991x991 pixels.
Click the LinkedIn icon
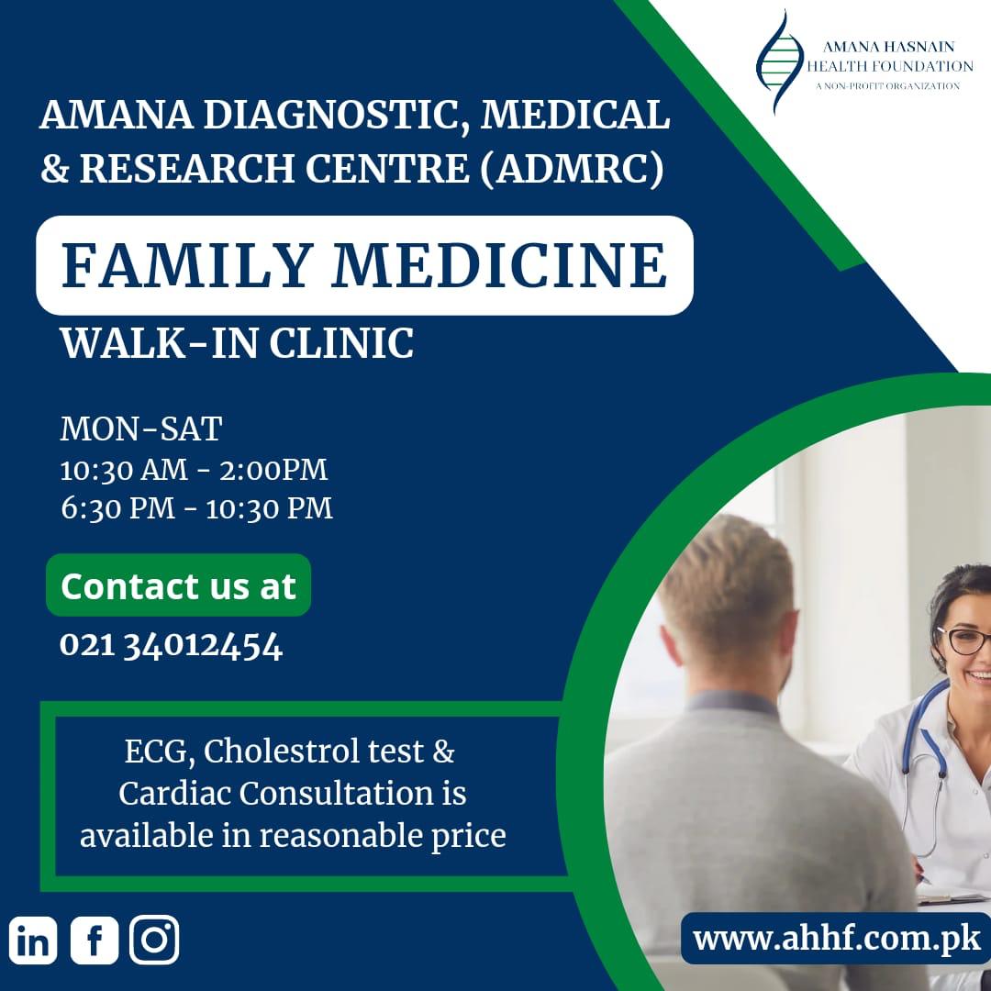[x=33, y=941]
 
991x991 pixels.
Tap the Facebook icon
[x=95, y=941]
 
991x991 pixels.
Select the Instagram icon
[x=154, y=941]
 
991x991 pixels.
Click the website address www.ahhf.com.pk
[x=837, y=939]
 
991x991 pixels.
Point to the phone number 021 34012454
[x=172, y=646]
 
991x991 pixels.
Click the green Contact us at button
[x=178, y=585]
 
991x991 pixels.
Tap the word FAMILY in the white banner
[x=187, y=265]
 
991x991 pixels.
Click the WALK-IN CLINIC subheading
[x=237, y=344]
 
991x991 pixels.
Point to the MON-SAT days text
[x=141, y=429]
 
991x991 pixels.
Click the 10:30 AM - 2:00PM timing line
[x=194, y=470]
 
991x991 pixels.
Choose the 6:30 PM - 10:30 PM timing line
[x=196, y=508]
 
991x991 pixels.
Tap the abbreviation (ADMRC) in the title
[x=572, y=168]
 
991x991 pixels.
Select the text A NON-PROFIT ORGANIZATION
[x=887, y=86]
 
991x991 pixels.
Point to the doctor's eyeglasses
[x=964, y=640]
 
